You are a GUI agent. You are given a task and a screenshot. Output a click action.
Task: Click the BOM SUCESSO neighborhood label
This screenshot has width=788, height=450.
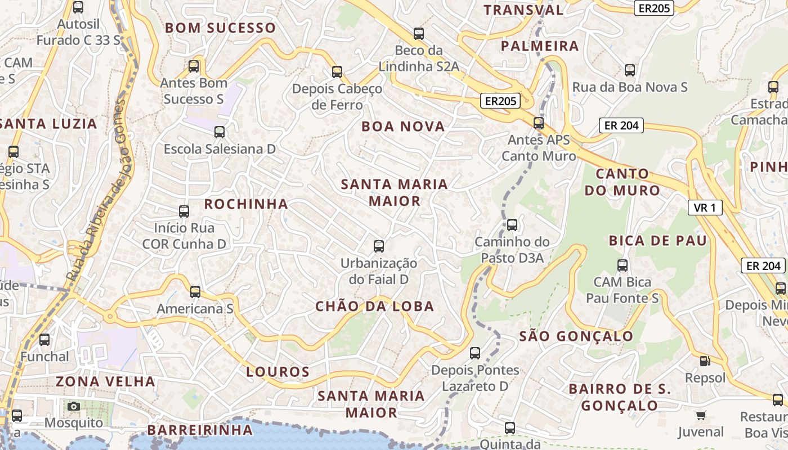220,28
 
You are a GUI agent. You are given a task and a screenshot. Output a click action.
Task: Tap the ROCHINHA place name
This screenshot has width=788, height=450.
246,204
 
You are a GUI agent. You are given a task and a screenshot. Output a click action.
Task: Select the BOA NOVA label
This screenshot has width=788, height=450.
403,127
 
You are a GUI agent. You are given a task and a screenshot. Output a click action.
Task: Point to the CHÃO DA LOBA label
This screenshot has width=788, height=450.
375,307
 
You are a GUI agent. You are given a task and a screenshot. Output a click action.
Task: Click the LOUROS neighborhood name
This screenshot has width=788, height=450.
278,372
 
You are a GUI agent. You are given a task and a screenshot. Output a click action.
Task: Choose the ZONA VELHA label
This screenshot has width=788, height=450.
105,381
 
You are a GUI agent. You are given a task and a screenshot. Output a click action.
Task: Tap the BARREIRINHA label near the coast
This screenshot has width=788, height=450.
200,430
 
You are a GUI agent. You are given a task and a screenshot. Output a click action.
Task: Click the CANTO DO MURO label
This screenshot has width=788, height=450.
622,182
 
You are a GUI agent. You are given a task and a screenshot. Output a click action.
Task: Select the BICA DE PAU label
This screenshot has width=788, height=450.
657,241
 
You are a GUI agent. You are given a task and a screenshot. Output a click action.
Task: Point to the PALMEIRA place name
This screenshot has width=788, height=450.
539,46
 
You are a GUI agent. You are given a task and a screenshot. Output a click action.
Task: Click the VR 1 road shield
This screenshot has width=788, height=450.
705,208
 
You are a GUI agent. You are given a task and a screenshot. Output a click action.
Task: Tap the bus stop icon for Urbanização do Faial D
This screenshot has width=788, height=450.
379,246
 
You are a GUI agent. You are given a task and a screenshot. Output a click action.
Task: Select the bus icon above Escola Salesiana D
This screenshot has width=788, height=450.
220,132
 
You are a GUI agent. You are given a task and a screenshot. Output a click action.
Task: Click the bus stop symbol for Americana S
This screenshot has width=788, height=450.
195,292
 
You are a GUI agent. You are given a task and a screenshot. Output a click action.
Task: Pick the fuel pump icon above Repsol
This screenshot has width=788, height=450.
705,361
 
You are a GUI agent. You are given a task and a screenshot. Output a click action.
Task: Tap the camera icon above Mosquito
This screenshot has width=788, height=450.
74,406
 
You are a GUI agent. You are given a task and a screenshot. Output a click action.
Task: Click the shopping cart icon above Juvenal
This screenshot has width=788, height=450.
701,416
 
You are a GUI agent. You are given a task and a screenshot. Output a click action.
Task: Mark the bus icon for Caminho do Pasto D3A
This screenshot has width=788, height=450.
512,225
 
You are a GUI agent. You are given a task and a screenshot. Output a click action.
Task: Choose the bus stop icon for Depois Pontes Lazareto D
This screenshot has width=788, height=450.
475,353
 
